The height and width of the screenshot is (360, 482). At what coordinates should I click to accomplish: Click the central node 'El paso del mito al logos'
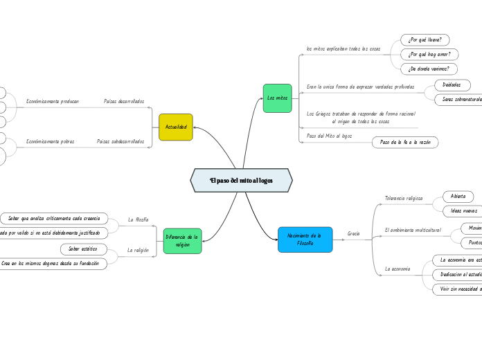pyautogui.click(x=241, y=180)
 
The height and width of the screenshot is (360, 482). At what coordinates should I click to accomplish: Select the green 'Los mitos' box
pyautogui.click(x=277, y=98)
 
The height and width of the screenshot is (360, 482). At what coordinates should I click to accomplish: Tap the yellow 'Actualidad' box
pyautogui.click(x=175, y=127)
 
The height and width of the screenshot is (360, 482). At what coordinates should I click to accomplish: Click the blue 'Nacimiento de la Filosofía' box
pyautogui.click(x=305, y=240)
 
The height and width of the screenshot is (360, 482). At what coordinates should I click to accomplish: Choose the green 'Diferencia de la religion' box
pyautogui.click(x=182, y=240)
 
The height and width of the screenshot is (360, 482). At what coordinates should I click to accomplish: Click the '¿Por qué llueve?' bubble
pyautogui.click(x=425, y=39)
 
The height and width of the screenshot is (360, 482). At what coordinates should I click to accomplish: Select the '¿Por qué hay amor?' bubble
pyautogui.click(x=429, y=54)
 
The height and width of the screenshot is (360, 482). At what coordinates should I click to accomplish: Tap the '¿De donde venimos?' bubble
pyautogui.click(x=429, y=69)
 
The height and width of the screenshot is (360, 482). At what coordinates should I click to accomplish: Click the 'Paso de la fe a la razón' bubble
pyautogui.click(x=405, y=142)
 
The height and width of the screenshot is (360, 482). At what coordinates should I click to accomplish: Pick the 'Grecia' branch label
pyautogui.click(x=354, y=234)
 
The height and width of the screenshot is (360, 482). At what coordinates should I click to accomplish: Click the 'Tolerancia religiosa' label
pyautogui.click(x=404, y=198)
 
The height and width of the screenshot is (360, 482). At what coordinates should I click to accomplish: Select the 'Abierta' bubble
pyautogui.click(x=458, y=197)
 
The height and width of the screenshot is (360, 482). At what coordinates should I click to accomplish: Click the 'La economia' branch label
pyautogui.click(x=398, y=269)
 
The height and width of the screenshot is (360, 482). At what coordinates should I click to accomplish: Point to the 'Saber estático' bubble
pyautogui.click(x=83, y=249)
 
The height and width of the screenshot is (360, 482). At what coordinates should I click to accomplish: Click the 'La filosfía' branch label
pyautogui.click(x=139, y=219)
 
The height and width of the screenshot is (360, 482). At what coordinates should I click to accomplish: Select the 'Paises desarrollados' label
pyautogui.click(x=124, y=102)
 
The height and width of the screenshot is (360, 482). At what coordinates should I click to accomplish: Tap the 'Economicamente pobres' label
pyautogui.click(x=50, y=141)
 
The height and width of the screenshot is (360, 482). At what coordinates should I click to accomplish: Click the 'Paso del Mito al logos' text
pyautogui.click(x=329, y=136)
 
